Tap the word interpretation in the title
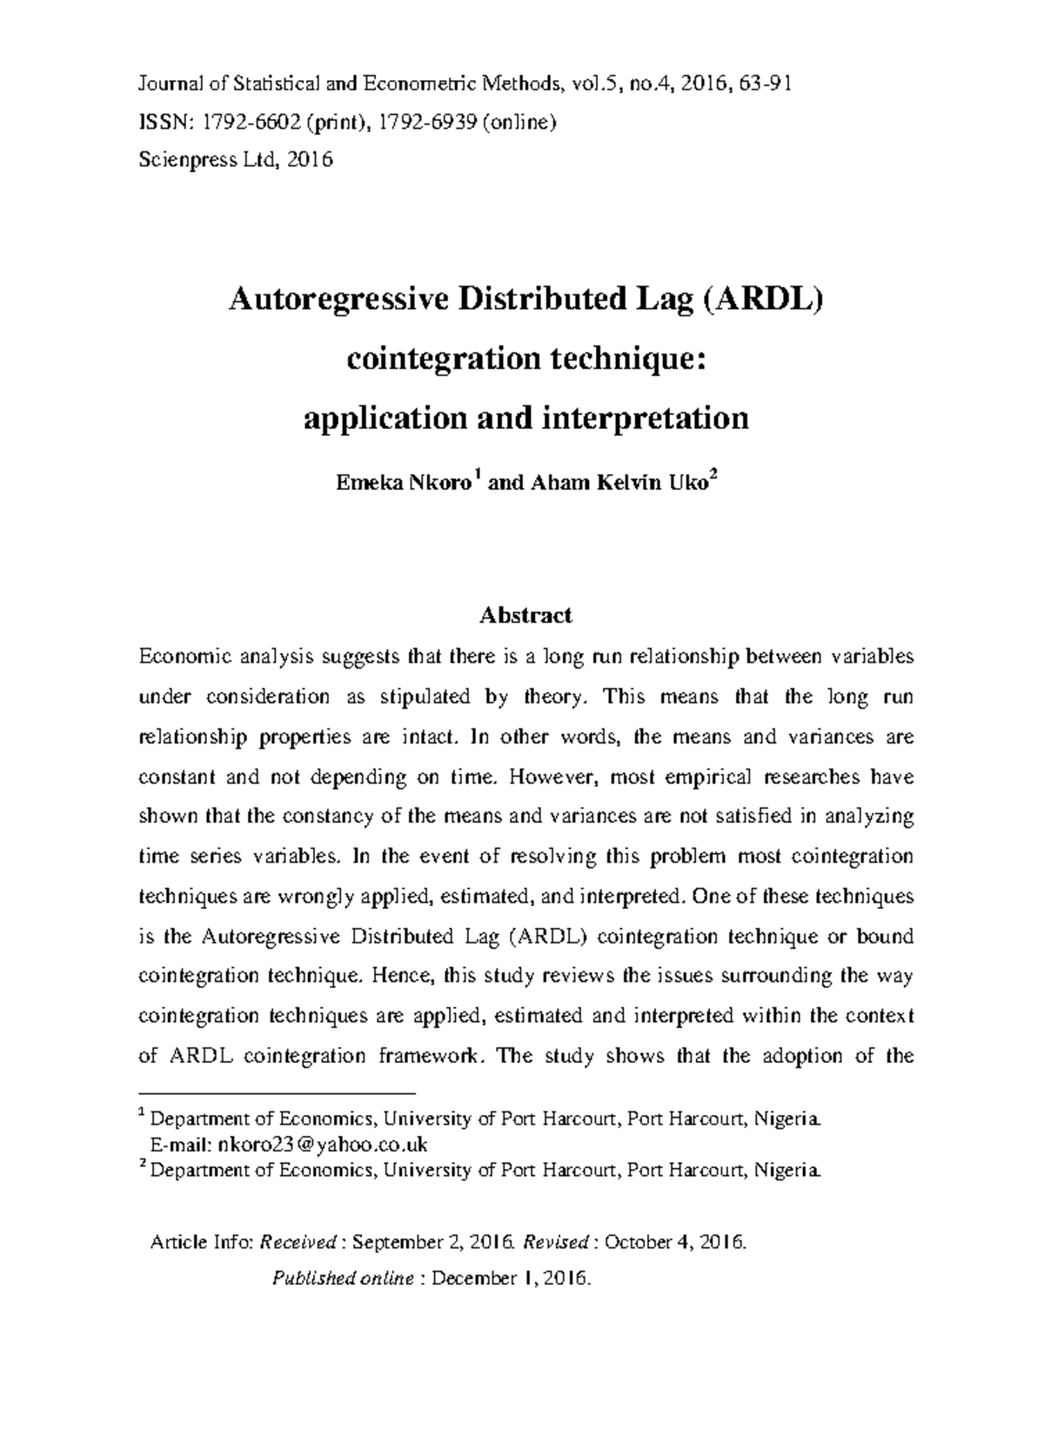(646, 419)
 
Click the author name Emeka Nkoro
(403, 484)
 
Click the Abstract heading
(525, 616)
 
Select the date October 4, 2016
(675, 1241)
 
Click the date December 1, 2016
(512, 1279)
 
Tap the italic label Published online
(343, 1279)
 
